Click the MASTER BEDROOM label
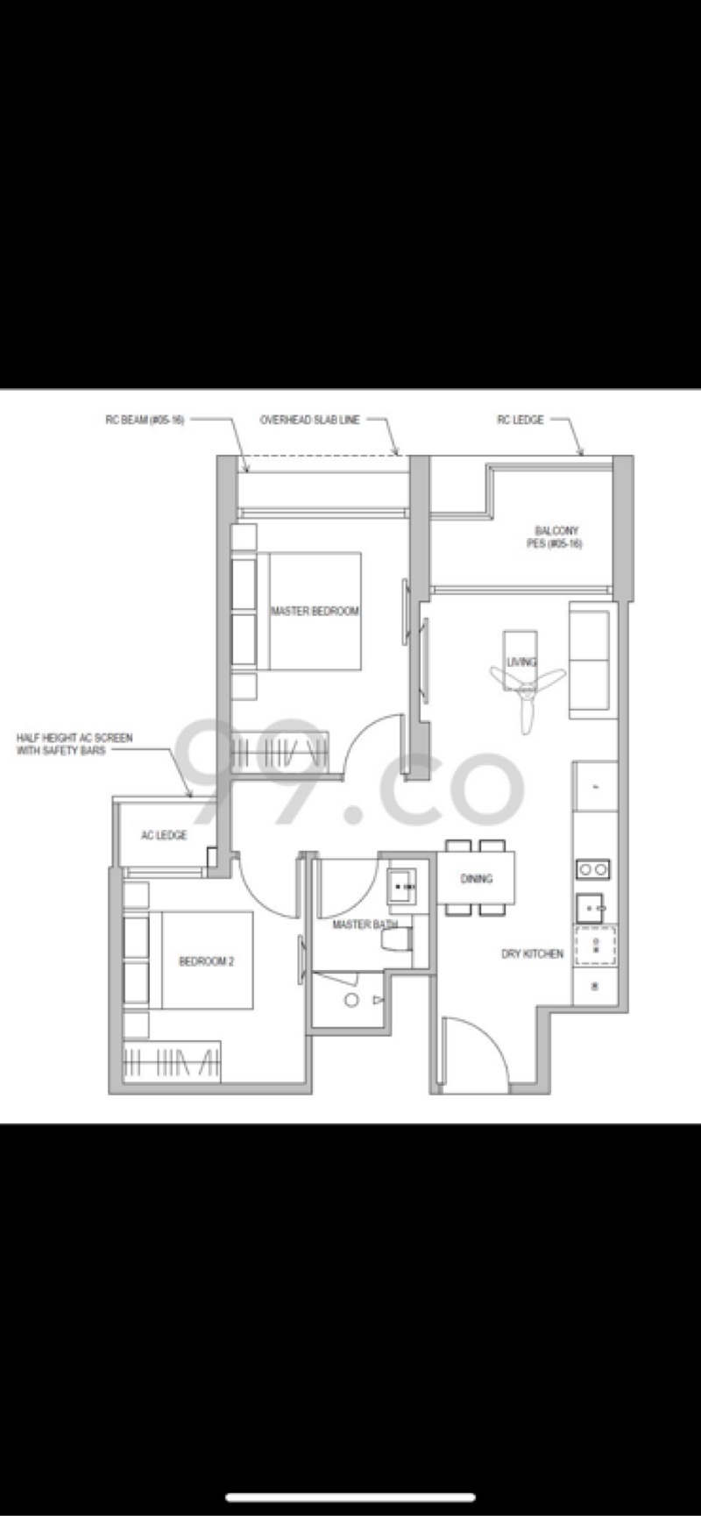coord(315,611)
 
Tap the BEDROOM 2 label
coord(206,961)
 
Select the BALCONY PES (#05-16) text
coord(557,537)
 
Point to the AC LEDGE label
coord(164,835)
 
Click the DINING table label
coord(476,878)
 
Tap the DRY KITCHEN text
coord(532,953)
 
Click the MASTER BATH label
coord(363,924)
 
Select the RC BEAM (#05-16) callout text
coord(144,421)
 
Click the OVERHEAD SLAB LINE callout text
coord(309,421)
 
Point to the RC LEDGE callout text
coord(520,421)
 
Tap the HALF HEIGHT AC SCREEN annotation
coord(74,744)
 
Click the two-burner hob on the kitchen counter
coord(593,869)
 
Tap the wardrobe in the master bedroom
coord(280,751)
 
